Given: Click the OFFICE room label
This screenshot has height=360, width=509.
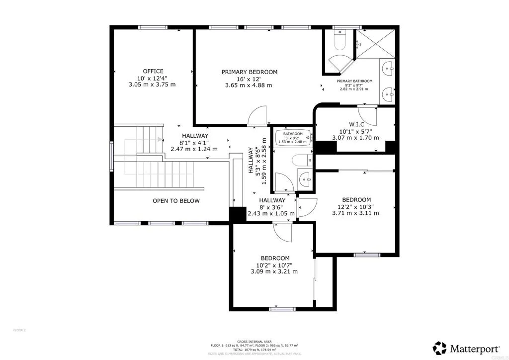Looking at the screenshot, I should pyautogui.click(x=153, y=71).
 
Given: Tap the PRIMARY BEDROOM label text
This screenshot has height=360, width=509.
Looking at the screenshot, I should pyautogui.click(x=249, y=72).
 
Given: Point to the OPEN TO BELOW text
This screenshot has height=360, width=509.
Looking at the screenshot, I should pyautogui.click(x=176, y=201).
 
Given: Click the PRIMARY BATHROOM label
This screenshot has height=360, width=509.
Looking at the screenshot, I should pyautogui.click(x=354, y=81).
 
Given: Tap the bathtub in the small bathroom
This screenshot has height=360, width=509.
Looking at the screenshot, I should pyautogui.click(x=293, y=135).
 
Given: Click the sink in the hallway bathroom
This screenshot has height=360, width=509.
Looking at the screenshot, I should pyautogui.click(x=305, y=179).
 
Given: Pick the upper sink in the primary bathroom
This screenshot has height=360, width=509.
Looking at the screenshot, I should pyautogui.click(x=388, y=68).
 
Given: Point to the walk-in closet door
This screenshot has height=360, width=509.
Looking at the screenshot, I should pyautogui.click(x=368, y=115).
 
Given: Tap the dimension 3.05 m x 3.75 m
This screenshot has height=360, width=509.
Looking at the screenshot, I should pyautogui.click(x=152, y=85).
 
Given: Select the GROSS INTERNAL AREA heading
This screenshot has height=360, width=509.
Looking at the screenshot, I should pyautogui.click(x=254, y=341).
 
